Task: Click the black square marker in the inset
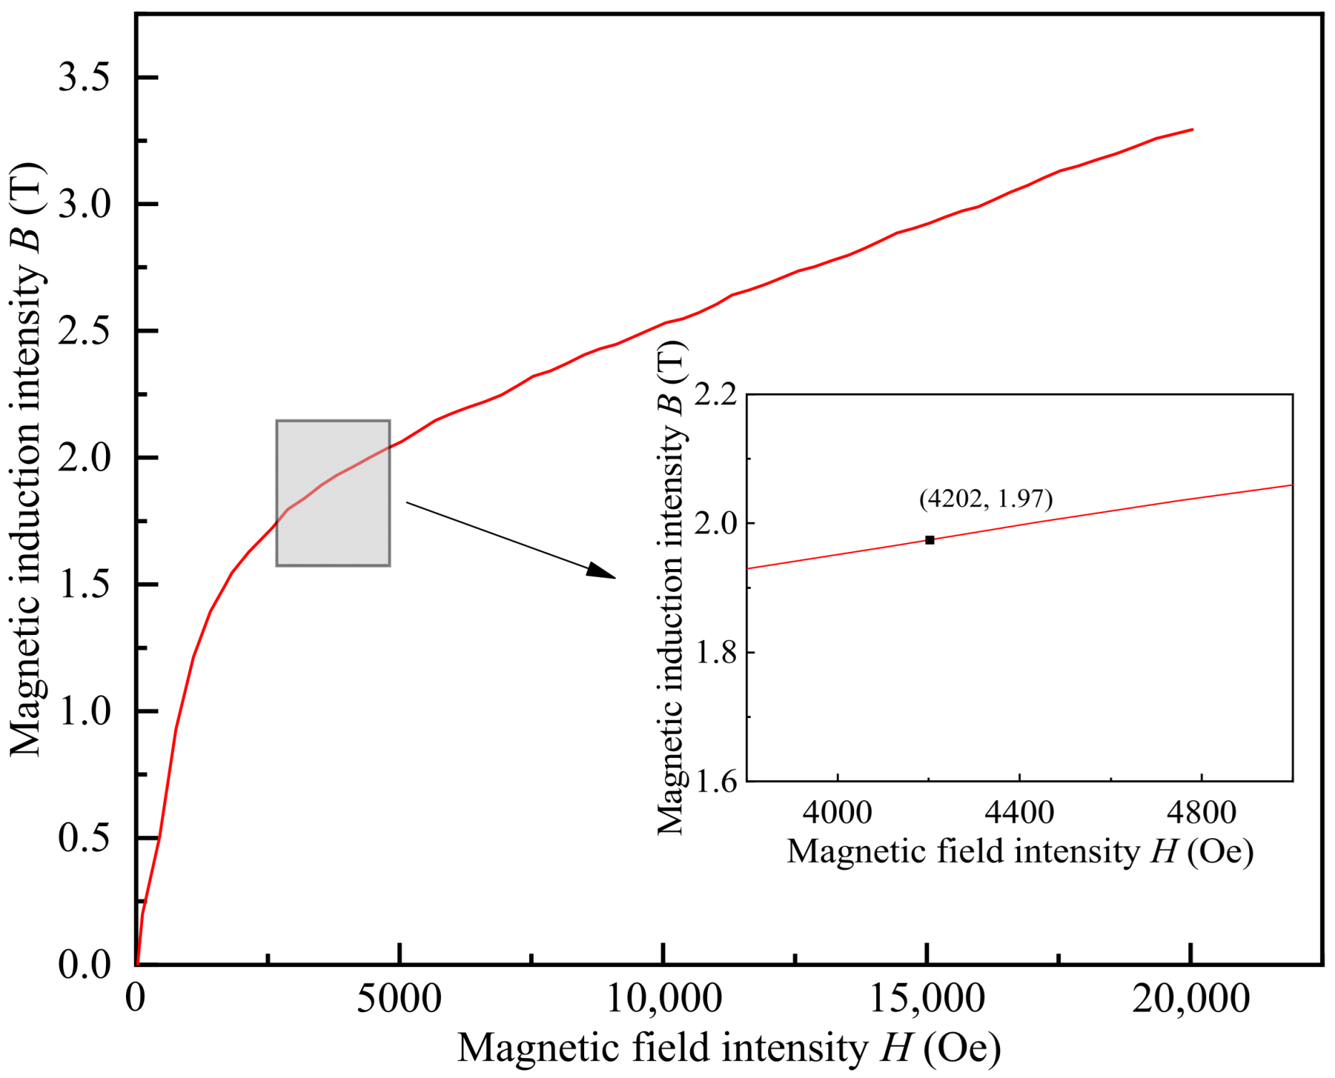point(929,540)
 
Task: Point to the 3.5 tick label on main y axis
point(84,77)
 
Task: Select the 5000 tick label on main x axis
point(399,998)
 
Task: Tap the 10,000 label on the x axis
point(664,998)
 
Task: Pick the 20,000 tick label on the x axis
point(1190,998)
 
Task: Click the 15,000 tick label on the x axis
point(927,998)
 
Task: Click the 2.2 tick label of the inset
point(717,394)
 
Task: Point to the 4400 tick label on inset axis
point(1019,812)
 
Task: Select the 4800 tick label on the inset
point(1201,812)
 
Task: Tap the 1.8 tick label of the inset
point(717,653)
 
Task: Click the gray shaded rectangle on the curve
point(333,493)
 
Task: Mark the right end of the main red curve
point(1192,130)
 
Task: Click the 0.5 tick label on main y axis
point(84,837)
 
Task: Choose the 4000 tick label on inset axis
point(837,812)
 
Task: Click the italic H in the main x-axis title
point(895,1048)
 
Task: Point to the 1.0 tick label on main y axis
point(84,711)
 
